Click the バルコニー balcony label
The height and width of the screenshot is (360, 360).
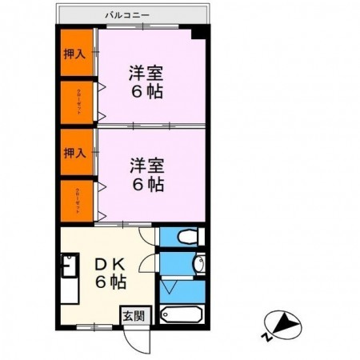132,14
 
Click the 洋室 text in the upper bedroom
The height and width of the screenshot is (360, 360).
146,70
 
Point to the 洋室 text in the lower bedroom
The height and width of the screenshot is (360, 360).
146,166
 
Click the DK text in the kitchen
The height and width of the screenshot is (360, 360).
112,263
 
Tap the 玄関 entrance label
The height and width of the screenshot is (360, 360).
133,315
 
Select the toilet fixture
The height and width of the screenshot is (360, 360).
185,237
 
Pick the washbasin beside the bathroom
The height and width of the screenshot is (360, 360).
199,264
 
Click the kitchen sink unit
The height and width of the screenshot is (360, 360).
68,276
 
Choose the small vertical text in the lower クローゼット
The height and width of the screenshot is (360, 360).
78,198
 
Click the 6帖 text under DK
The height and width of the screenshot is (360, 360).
112,282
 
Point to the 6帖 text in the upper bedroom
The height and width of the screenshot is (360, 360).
147,90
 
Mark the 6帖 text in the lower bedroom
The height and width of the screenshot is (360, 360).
147,185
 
